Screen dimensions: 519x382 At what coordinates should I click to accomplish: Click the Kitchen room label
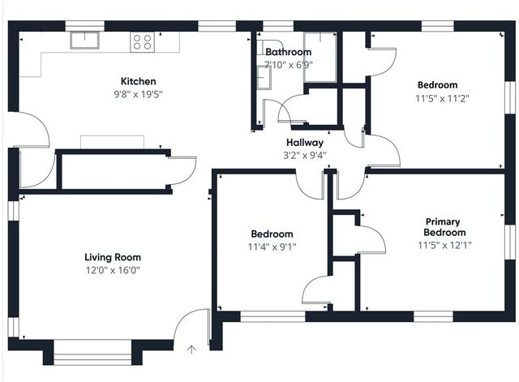(x=139, y=81)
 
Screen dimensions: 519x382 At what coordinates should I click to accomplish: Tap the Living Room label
(x=113, y=257)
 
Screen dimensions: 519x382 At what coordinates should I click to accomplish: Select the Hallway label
(x=305, y=143)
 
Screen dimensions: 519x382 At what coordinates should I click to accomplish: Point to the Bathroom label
(x=289, y=52)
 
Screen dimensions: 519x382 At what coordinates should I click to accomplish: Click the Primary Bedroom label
(x=444, y=227)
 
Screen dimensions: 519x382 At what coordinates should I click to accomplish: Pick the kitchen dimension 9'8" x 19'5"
(x=139, y=95)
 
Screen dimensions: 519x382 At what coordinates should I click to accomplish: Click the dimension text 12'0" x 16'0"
(x=113, y=270)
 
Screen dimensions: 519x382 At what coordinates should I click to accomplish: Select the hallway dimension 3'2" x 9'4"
(x=305, y=155)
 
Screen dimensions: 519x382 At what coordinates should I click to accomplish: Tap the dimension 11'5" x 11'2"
(x=443, y=99)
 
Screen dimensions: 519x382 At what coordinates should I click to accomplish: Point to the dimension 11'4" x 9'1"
(x=272, y=247)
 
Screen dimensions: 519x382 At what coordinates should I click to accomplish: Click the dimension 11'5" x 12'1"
(x=444, y=245)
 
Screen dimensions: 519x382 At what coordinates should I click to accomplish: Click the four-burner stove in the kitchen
(x=143, y=42)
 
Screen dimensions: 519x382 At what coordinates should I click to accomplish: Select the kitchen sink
(x=84, y=41)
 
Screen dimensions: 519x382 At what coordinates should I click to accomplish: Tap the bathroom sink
(x=264, y=78)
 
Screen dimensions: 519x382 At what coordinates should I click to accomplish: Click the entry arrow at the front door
(x=191, y=350)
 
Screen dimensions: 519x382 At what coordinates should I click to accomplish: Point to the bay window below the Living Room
(x=92, y=353)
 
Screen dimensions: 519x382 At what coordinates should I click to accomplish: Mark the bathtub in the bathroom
(x=320, y=57)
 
